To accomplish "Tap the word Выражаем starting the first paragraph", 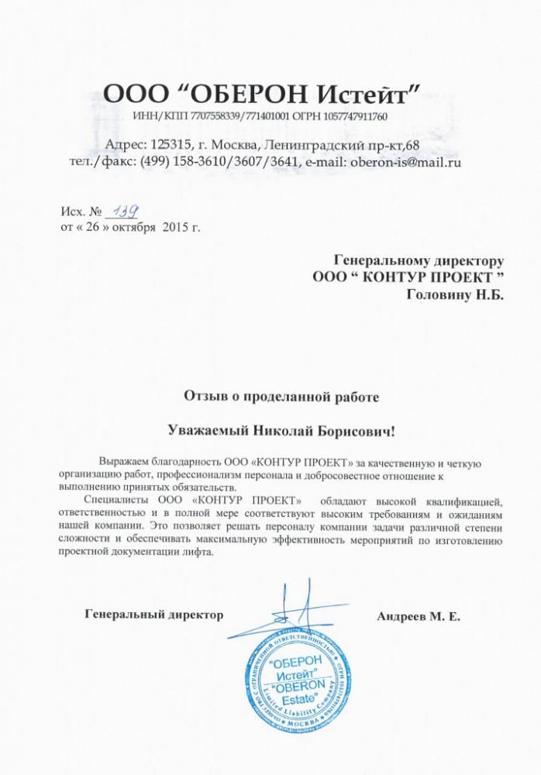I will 125,463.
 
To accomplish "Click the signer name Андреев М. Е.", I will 419,617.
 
